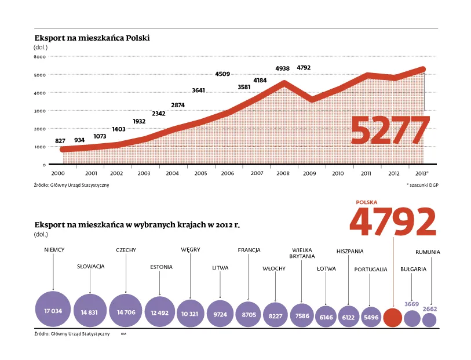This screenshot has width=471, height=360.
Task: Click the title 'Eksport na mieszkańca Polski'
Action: (x=92, y=38)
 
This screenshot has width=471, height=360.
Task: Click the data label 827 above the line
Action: (x=60, y=141)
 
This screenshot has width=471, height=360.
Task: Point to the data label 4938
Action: (x=282, y=68)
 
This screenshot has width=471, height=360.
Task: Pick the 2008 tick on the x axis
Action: (x=283, y=173)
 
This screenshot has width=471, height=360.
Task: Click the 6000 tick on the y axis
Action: (x=39, y=57)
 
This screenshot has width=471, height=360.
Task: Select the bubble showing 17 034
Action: (x=53, y=311)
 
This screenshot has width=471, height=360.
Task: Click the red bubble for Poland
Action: (x=393, y=318)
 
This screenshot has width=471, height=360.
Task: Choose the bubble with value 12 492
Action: (x=160, y=312)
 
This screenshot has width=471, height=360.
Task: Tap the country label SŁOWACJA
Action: (x=90, y=267)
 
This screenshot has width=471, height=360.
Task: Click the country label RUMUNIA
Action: (x=428, y=252)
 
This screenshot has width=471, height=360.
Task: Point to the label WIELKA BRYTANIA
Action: (x=302, y=253)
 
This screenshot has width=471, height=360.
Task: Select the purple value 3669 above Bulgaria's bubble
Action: (x=411, y=304)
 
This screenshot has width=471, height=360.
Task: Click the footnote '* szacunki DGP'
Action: (x=422, y=185)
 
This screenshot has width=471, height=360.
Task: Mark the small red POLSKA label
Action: (x=367, y=202)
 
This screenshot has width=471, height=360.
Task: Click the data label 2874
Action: (x=178, y=105)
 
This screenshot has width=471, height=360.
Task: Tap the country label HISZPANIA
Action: (x=350, y=251)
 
